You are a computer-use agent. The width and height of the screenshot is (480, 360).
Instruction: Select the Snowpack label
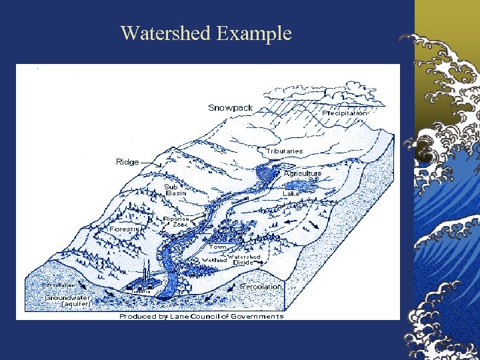pos(230,107)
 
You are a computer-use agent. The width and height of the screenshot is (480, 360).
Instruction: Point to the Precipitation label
pos(345,113)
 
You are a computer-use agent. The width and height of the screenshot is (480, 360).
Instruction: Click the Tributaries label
pos(285,151)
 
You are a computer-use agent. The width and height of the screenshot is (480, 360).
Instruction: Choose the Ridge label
pos(127,162)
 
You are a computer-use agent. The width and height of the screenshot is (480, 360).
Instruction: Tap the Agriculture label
pos(303,173)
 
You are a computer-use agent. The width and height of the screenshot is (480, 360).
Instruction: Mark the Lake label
pos(291,193)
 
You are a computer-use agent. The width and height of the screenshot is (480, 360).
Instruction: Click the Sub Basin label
pos(175,190)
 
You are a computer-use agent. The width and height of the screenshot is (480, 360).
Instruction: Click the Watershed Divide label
pos(243,259)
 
